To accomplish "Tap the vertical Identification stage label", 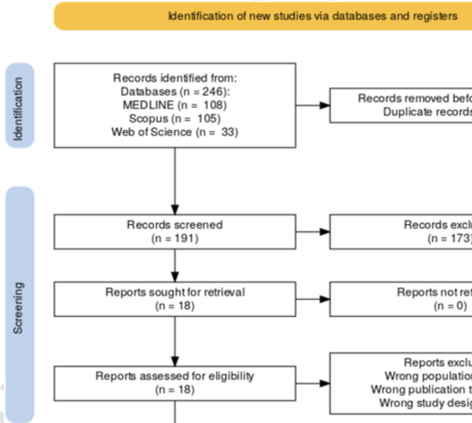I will click(19, 105).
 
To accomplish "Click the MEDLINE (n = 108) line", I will click(175, 105).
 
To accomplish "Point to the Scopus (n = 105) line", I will click(175, 118).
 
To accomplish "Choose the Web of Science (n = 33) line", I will click(175, 132).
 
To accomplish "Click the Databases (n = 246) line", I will click(175, 92).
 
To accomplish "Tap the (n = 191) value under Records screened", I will click(175, 239).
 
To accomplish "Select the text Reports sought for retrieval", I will click(175, 292).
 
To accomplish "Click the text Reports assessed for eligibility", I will click(175, 376).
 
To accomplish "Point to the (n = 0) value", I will click(450, 306).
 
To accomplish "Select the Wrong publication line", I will click(422, 390).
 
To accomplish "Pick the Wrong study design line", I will click(425, 403).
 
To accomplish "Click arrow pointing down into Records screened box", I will click(175, 208).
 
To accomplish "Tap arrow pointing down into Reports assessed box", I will click(175, 360).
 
